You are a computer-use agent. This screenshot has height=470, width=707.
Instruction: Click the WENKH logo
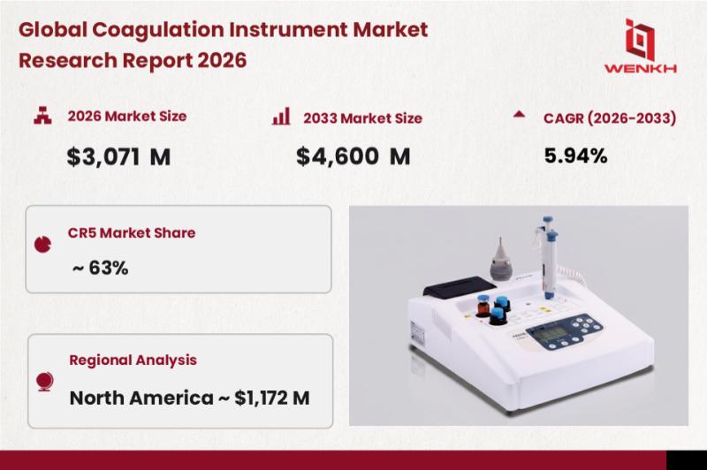[x=640, y=46]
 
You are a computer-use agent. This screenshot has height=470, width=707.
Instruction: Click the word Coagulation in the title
[x=158, y=30]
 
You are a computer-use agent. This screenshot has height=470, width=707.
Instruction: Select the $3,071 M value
[x=118, y=157]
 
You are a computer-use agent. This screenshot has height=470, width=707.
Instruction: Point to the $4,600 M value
[x=353, y=156]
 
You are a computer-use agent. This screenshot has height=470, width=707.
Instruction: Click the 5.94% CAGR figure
[x=575, y=155]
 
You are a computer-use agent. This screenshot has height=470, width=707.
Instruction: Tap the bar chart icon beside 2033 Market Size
[x=281, y=117]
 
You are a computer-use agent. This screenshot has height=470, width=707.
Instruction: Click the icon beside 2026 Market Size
[x=42, y=116]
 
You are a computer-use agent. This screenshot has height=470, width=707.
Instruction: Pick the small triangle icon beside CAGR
[x=519, y=114]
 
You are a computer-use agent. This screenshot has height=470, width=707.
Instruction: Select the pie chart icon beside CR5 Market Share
[x=42, y=244]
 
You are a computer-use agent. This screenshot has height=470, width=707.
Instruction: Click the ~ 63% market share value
[x=100, y=268]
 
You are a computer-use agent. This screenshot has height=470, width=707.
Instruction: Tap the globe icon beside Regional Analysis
[x=45, y=382]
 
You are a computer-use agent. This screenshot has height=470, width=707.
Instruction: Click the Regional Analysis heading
[x=133, y=360]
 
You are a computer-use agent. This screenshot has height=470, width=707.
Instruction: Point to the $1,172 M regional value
[x=272, y=398]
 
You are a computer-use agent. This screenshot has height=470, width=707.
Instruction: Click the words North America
[x=141, y=398]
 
